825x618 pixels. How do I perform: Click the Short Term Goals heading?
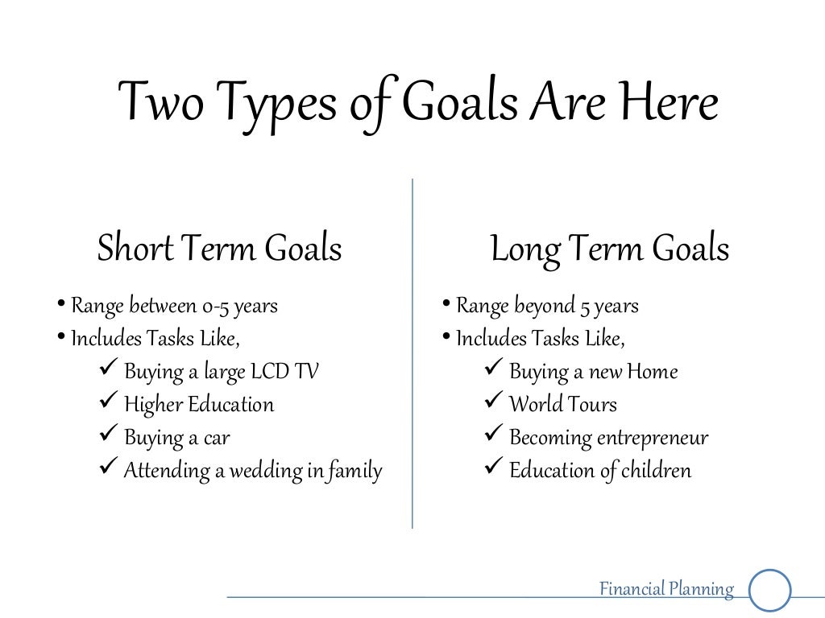coord(219,249)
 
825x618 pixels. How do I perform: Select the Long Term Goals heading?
coord(610,249)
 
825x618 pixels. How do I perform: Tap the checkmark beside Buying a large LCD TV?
coord(108,370)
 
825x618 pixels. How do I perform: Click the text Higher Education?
coord(199,404)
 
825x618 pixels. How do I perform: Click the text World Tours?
coord(563,404)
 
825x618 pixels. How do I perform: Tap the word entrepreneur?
coord(653,438)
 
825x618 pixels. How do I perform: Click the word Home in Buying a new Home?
coord(653,372)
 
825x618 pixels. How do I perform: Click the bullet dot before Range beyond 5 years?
coord(446,304)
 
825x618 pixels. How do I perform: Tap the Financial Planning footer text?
coord(666,589)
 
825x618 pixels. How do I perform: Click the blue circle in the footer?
coord(770,591)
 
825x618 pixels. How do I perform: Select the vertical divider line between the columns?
coord(412,354)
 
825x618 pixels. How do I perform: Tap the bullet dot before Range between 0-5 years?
coord(62,304)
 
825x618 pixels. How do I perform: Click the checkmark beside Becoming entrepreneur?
coord(493,435)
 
